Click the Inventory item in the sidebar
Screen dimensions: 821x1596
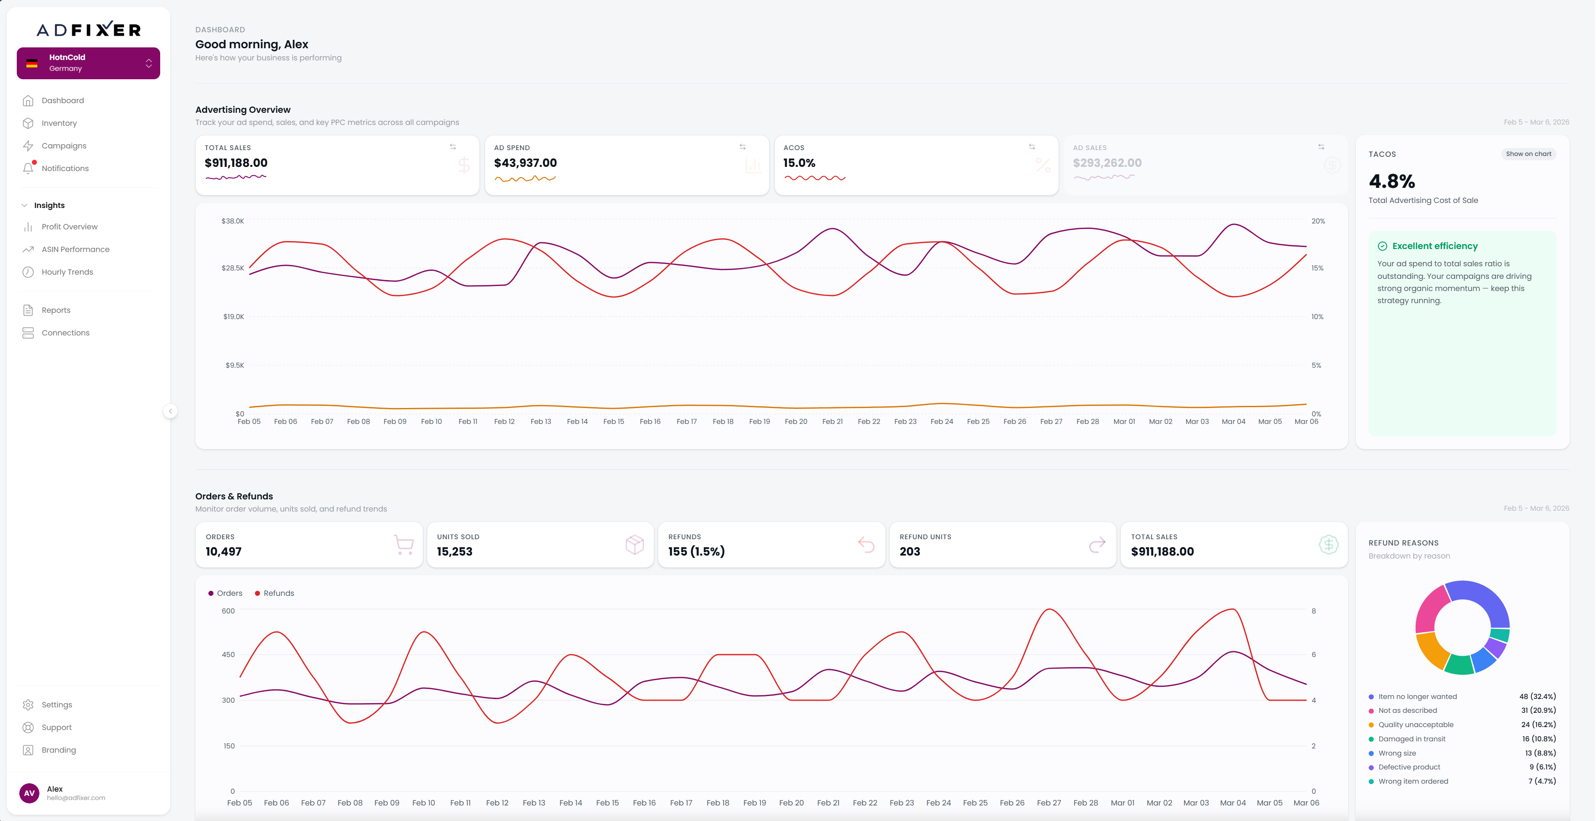click(x=59, y=123)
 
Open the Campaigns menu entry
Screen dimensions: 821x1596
click(x=64, y=145)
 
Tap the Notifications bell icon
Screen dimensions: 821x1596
click(x=28, y=168)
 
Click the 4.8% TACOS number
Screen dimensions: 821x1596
click(x=1391, y=182)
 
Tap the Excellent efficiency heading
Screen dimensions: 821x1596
click(x=1434, y=246)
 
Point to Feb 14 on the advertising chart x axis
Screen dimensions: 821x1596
click(x=577, y=421)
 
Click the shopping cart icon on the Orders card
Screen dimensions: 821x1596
click(x=404, y=545)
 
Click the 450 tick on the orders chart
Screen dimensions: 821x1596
click(x=229, y=654)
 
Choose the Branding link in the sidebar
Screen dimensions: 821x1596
click(x=58, y=750)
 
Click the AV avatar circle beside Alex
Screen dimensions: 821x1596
click(x=29, y=793)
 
